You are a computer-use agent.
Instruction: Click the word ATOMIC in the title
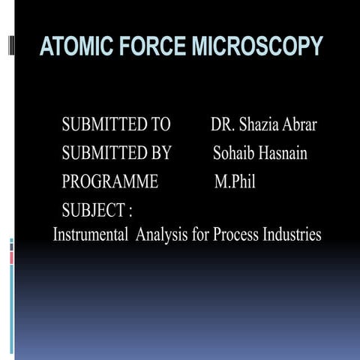pyautogui.click(x=73, y=46)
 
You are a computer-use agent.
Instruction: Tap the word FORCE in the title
pyautogui.click(x=151, y=46)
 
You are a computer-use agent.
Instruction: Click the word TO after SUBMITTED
pyautogui.click(x=159, y=124)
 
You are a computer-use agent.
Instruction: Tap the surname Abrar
pyautogui.click(x=299, y=124)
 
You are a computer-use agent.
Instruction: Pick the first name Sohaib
pyautogui.click(x=234, y=154)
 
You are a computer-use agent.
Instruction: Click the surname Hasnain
pyautogui.click(x=282, y=154)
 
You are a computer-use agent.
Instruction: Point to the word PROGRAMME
pyautogui.click(x=109, y=181)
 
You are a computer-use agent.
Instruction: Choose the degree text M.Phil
pyautogui.click(x=235, y=181)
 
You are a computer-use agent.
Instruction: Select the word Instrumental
pyautogui.click(x=91, y=235)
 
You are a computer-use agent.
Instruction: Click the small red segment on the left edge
pyautogui.click(x=11, y=257)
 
